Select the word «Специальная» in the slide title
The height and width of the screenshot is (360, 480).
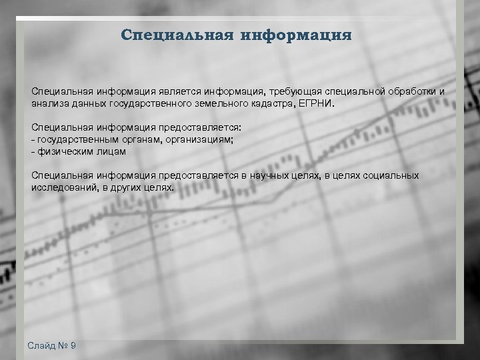click(x=177, y=35)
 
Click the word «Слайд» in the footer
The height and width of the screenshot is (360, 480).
click(x=41, y=345)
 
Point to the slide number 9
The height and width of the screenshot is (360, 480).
click(x=73, y=345)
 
